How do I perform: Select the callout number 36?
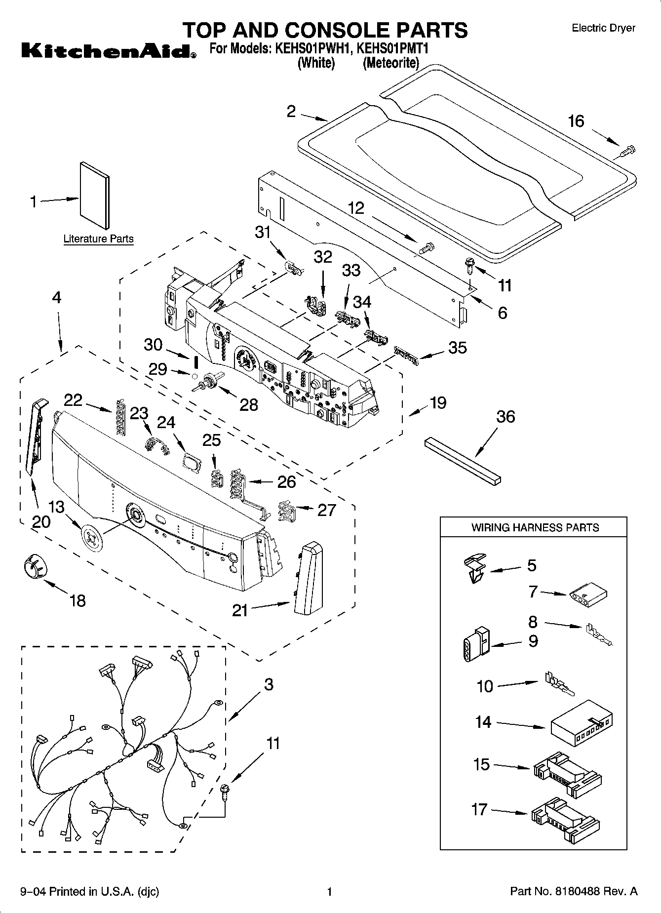[x=505, y=416]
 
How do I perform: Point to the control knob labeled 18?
[x=34, y=564]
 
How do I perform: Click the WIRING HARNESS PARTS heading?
[x=535, y=527]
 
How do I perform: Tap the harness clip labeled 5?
[x=475, y=568]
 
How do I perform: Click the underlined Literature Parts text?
[x=98, y=239]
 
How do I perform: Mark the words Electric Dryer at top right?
[x=603, y=28]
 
